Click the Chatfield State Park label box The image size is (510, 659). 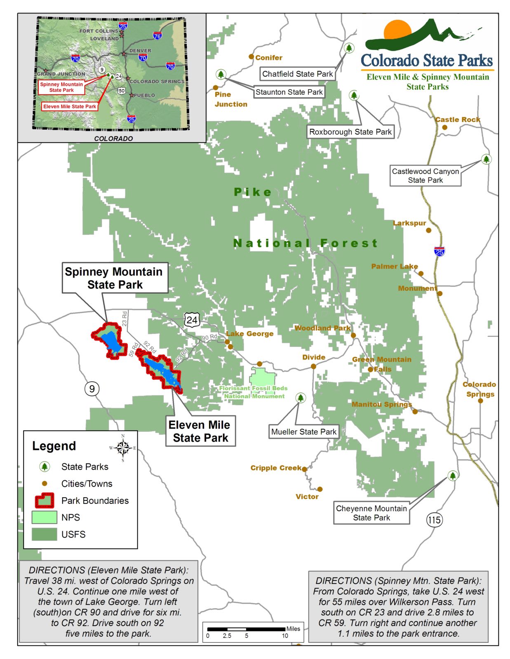click(x=297, y=74)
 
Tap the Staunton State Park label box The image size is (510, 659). click(x=289, y=92)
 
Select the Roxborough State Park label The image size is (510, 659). click(x=350, y=132)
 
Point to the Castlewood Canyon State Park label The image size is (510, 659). click(x=425, y=176)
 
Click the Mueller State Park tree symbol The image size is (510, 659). click(x=301, y=398)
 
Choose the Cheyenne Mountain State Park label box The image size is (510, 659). click(x=371, y=513)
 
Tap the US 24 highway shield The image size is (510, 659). click(x=192, y=320)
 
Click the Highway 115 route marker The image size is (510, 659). click(x=434, y=520)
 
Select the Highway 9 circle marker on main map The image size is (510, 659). click(x=92, y=388)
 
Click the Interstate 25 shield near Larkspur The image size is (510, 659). click(x=439, y=251)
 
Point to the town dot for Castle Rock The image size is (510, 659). click(x=444, y=127)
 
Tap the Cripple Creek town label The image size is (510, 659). click(x=275, y=468)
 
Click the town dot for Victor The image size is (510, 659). click(x=320, y=489)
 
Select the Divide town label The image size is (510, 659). click(x=314, y=358)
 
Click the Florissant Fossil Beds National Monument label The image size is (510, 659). click(x=254, y=392)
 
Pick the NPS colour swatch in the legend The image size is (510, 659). click(x=44, y=517)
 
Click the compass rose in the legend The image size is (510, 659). click(x=123, y=448)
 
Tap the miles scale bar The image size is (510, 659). click(x=246, y=629)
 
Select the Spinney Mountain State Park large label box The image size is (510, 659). click(x=115, y=278)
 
